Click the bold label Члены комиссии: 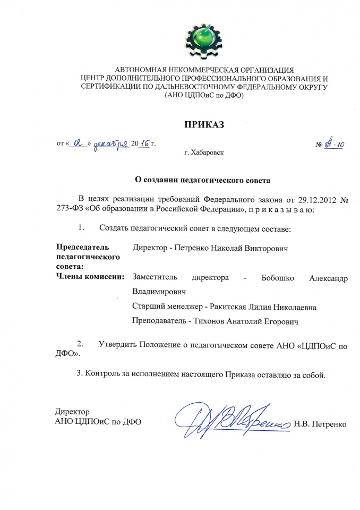click(x=90, y=276)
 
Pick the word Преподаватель click(x=157, y=321)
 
